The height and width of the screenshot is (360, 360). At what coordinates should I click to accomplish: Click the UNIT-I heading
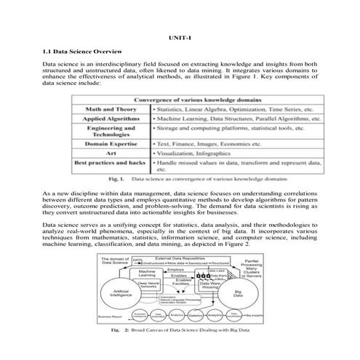179,37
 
